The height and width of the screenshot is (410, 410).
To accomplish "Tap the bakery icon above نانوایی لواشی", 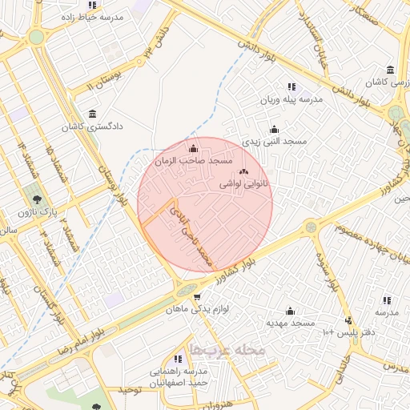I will (x=243, y=171).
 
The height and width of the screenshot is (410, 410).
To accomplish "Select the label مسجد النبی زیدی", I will (x=275, y=141).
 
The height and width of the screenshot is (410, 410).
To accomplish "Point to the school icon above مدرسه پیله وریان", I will (x=291, y=86).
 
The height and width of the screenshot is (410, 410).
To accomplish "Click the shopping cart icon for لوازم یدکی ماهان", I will (x=197, y=296).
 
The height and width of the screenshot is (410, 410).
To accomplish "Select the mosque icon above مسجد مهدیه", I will (x=290, y=311).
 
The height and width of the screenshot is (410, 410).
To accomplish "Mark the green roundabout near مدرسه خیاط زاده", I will (x=36, y=37).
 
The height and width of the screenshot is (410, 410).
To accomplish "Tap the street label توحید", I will (x=130, y=390).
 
